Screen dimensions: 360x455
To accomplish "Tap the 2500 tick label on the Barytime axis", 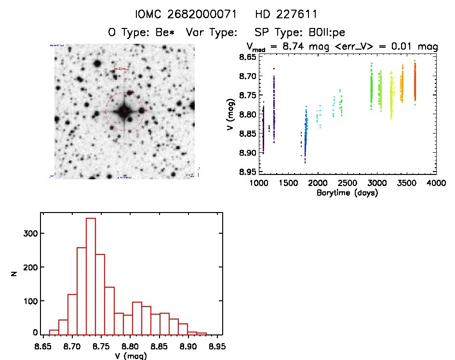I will tap(348, 184).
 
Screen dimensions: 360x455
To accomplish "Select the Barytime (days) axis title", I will tap(348, 193).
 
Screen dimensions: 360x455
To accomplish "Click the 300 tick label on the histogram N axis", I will tap(30, 233).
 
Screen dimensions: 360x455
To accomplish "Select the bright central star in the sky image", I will tap(124, 111).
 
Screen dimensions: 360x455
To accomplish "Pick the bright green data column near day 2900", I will tap(372, 87).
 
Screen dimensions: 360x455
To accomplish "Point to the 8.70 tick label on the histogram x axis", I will tap(72, 346).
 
